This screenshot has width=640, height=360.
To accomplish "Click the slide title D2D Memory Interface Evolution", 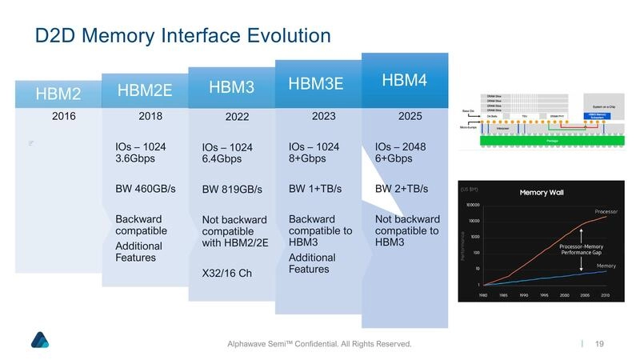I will coord(182,35).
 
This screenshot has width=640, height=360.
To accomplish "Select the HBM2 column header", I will coord(58,94).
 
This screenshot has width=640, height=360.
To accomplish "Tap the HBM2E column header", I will coord(145,90).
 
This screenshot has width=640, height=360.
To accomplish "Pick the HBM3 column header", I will coord(231,86).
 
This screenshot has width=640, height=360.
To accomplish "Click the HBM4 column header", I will coord(405,80).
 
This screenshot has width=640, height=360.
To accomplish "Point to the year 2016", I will coord(64,116).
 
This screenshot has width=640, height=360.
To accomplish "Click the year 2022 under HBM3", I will coord(237,117).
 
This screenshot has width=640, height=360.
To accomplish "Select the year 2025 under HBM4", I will coord(410,116).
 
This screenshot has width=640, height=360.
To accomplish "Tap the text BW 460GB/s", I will coord(145,189).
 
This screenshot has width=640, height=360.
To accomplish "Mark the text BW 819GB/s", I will coord(232,190).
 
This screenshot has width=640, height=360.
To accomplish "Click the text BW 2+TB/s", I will coord(402,189).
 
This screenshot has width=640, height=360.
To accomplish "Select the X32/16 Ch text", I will coord(226,274).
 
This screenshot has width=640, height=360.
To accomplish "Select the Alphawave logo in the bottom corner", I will coord(40,340).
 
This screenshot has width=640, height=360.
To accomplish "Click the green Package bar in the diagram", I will coord(552,138).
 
